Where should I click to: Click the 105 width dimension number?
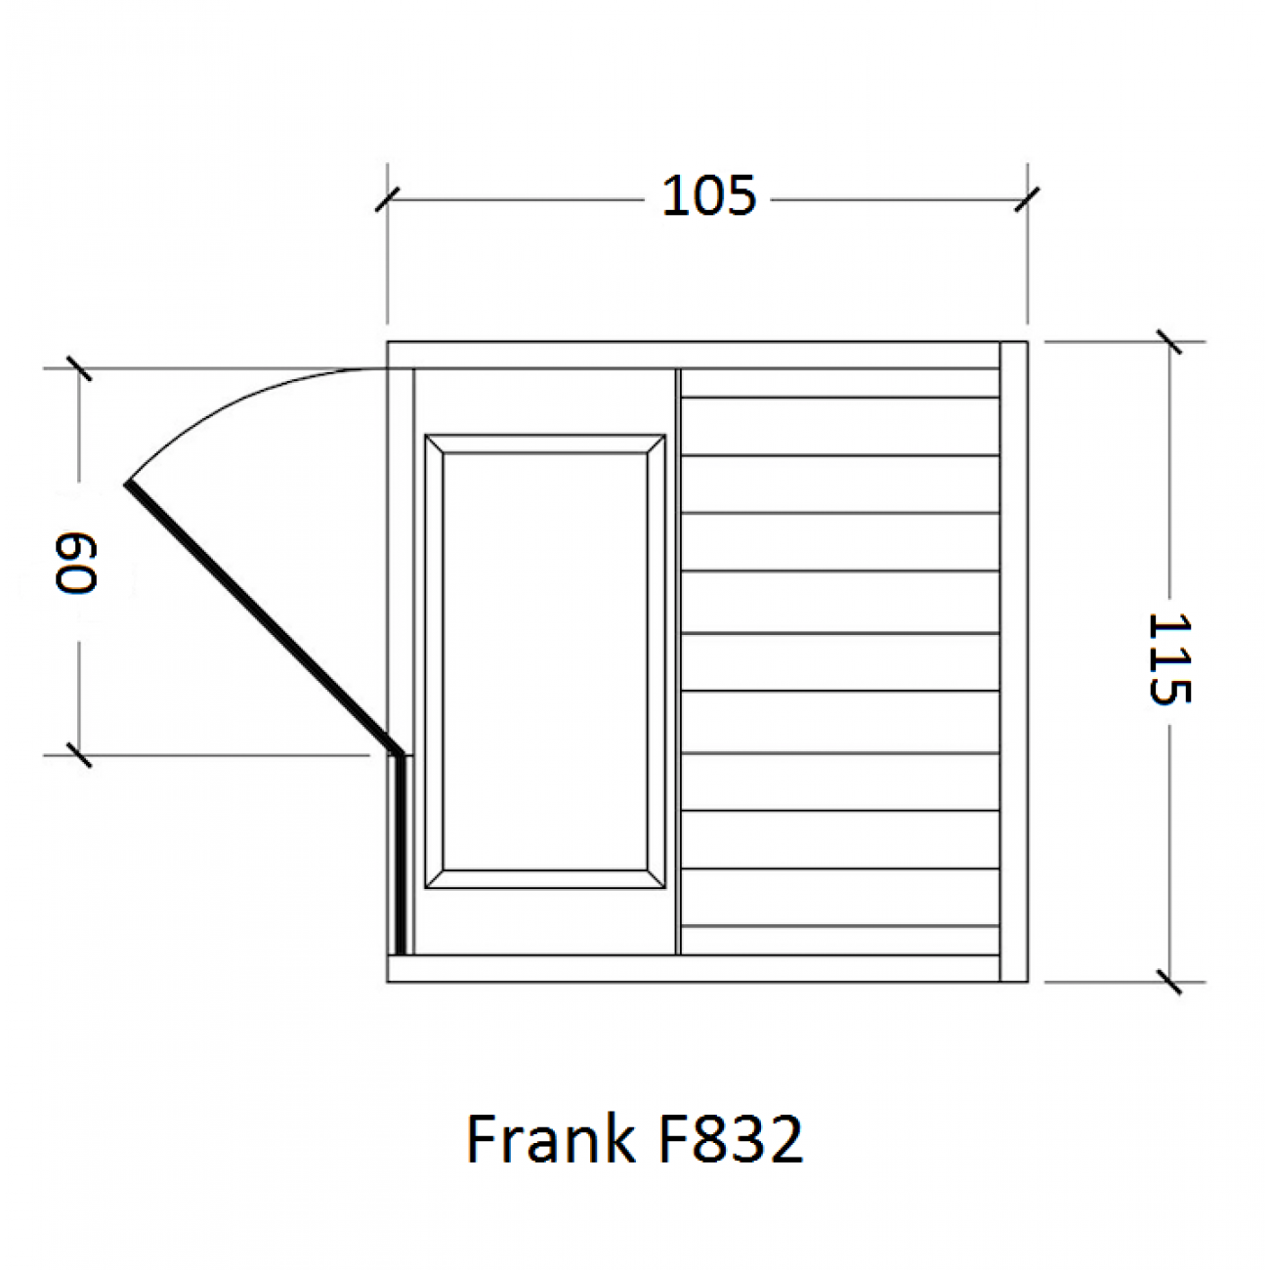[x=708, y=196]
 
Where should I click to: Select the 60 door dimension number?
[x=76, y=563]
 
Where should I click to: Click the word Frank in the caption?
[x=547, y=1139]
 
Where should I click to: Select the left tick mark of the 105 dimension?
[x=388, y=199]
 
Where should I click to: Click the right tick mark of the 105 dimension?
[x=1027, y=199]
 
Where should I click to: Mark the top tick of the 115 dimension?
[x=1168, y=342]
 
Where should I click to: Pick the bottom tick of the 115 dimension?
[x=1168, y=981]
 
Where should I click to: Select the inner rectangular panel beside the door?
[x=545, y=661]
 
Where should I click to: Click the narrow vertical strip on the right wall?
[x=1013, y=661]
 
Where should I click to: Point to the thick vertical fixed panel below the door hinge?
[x=399, y=855]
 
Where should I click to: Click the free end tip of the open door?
[x=128, y=485]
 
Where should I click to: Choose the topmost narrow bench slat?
[x=840, y=383]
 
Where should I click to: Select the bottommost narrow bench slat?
[x=840, y=940]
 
